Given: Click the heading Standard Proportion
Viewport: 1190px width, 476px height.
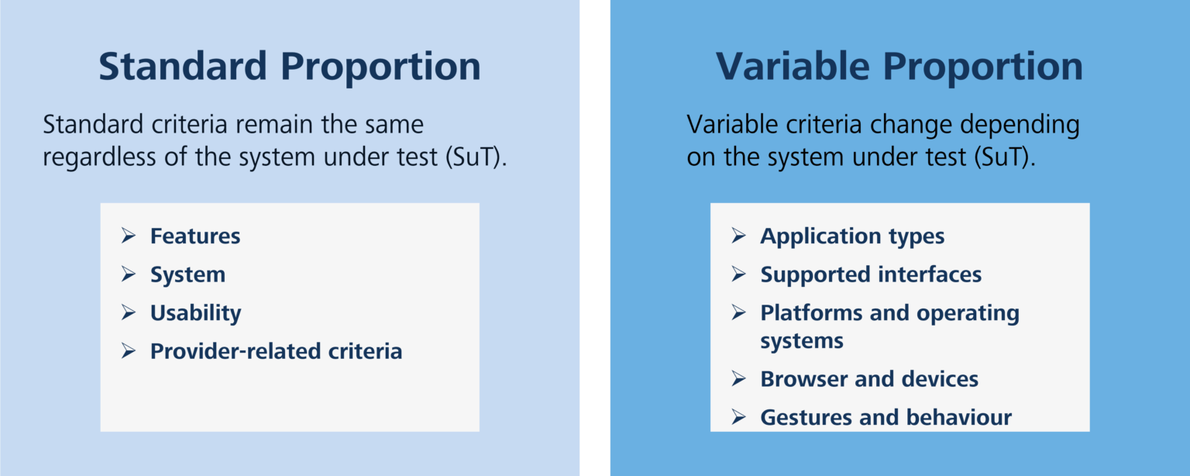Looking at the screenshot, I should [x=289, y=67].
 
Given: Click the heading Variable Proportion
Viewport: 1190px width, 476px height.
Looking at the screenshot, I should [x=899, y=67].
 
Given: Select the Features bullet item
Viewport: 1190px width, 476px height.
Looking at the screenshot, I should [x=195, y=236].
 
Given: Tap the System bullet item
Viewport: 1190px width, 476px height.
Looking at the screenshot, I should [x=187, y=275].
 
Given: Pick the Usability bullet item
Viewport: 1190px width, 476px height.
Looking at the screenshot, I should [x=195, y=313].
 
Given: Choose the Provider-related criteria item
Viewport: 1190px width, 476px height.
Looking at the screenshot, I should [x=276, y=351].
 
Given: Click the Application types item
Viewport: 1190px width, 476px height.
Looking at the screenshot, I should [x=852, y=236].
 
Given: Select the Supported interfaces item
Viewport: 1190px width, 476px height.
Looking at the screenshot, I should [x=871, y=275].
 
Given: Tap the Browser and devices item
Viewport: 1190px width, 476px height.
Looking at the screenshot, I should [x=869, y=379].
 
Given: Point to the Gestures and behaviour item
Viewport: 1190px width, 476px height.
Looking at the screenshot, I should [x=886, y=418].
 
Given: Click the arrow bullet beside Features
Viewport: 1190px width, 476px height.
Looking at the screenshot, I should [x=129, y=236].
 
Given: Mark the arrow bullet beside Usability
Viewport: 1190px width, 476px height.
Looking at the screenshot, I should [x=129, y=312].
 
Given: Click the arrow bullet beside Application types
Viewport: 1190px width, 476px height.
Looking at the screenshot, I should [x=739, y=236].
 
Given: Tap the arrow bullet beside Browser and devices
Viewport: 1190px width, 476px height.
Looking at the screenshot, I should [x=739, y=378].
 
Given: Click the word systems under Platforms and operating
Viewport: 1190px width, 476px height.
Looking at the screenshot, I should [x=801, y=341].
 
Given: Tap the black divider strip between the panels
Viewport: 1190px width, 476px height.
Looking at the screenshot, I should [x=594, y=238].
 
